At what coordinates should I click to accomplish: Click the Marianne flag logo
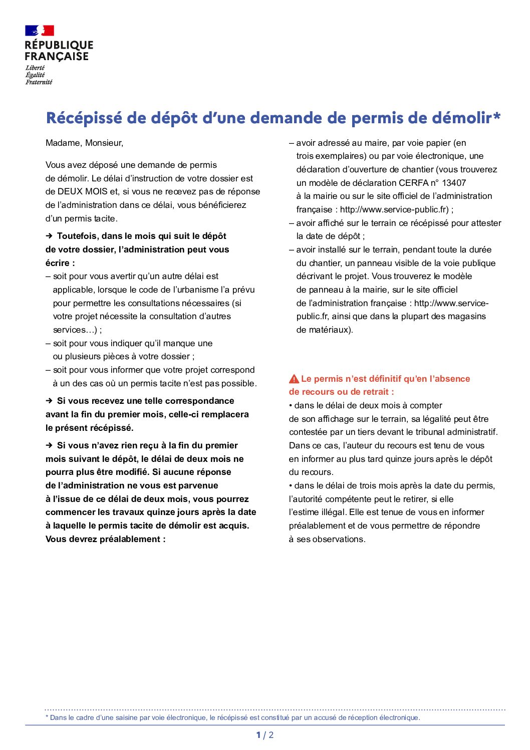pos(40,31)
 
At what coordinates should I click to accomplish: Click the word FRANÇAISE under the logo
pos(57,57)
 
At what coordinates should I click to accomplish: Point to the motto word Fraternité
pos(39,82)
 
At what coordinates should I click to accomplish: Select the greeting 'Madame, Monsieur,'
pos(84,143)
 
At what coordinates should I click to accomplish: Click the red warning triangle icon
pos(294,379)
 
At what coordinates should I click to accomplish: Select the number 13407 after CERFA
pos(454,183)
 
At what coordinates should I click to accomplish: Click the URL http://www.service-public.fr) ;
pos(396,209)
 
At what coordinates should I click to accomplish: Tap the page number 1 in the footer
pos(258,735)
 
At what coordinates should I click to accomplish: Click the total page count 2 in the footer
pos(272,735)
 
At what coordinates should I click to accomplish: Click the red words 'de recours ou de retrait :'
pos(341,392)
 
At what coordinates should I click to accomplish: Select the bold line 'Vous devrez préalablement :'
pos(105,539)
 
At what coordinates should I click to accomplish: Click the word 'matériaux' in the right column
pos(329,330)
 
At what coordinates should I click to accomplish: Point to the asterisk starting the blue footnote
pos(47,717)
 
